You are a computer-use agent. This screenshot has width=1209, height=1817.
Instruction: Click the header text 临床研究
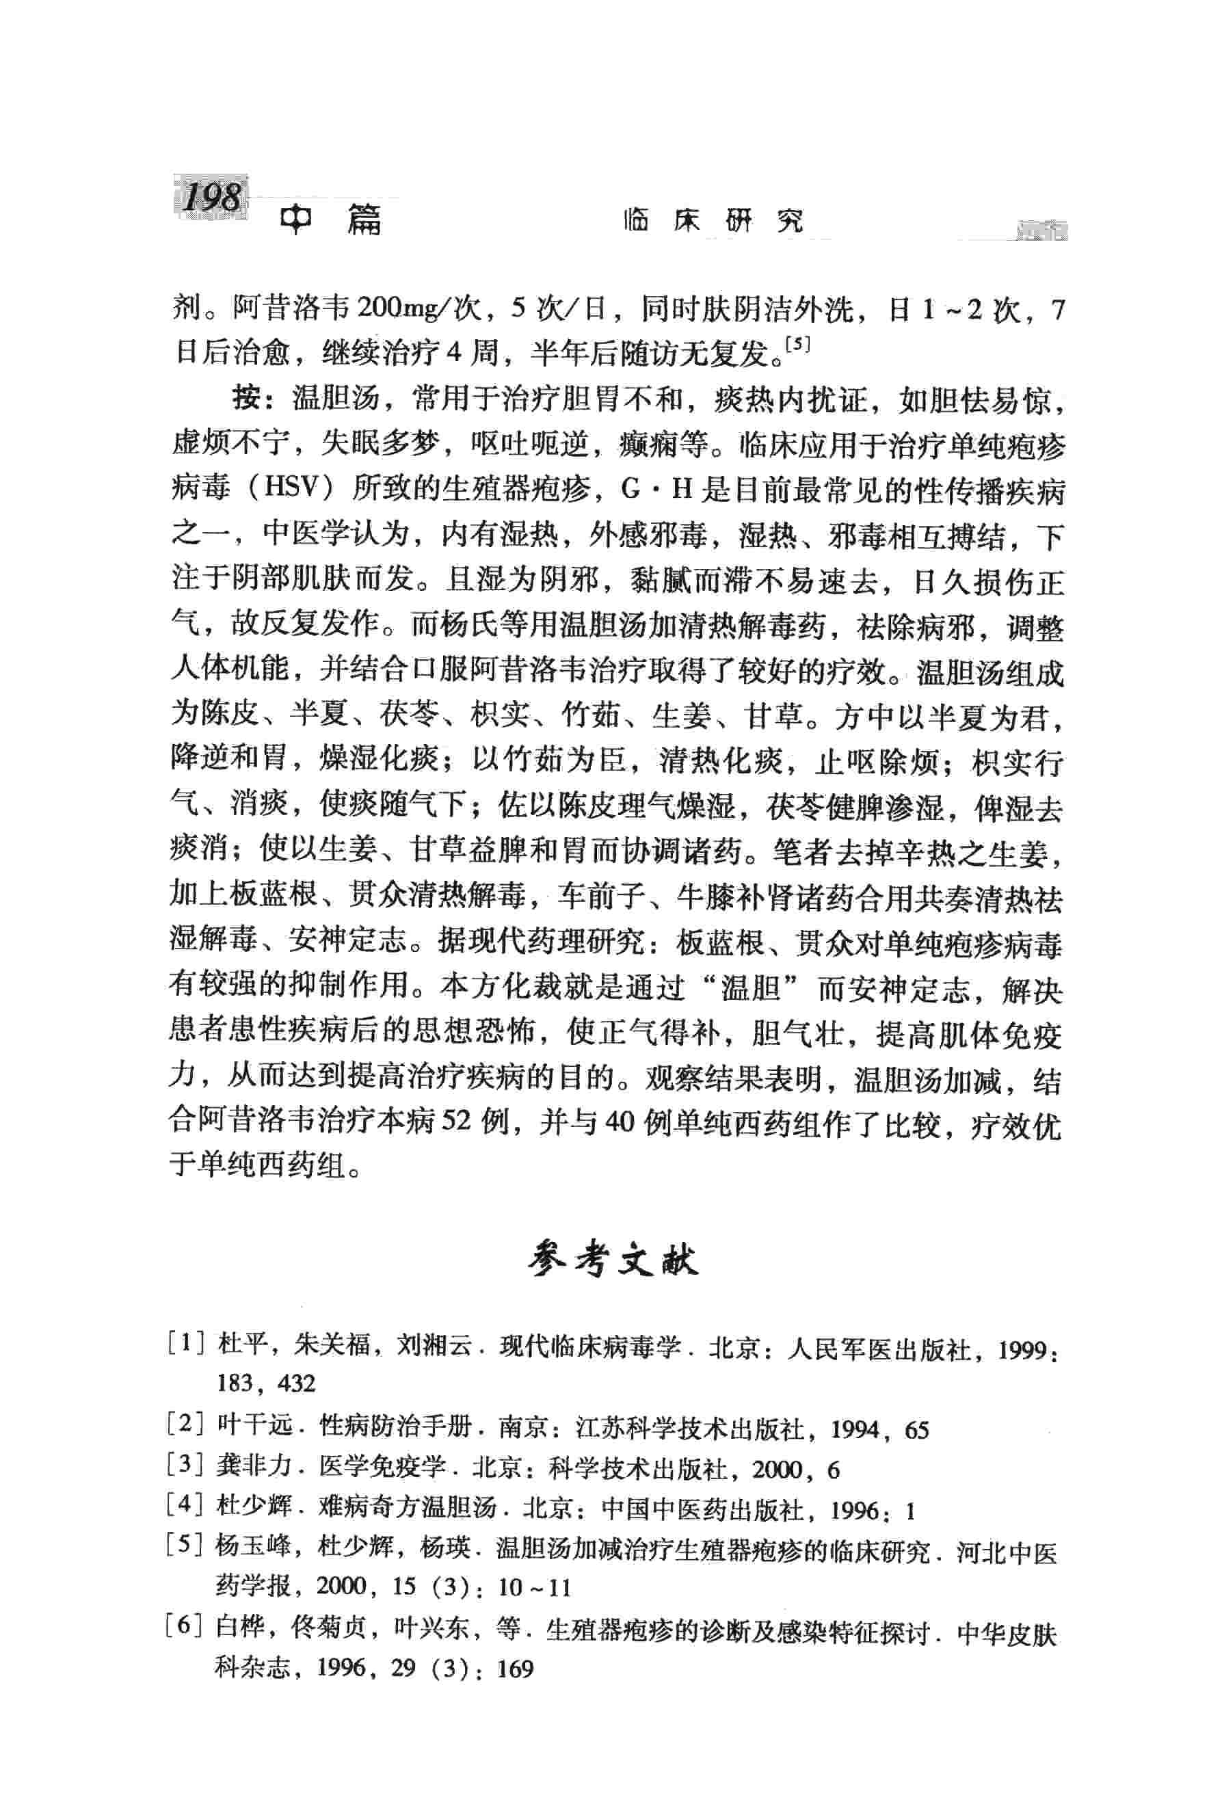pyautogui.click(x=713, y=222)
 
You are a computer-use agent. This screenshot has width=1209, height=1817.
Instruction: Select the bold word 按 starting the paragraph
pyautogui.click(x=245, y=399)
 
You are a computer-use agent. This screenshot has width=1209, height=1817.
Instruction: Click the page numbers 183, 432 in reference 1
pyautogui.click(x=266, y=1383)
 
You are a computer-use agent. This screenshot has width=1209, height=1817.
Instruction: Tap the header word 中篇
pyautogui.click(x=331, y=222)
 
